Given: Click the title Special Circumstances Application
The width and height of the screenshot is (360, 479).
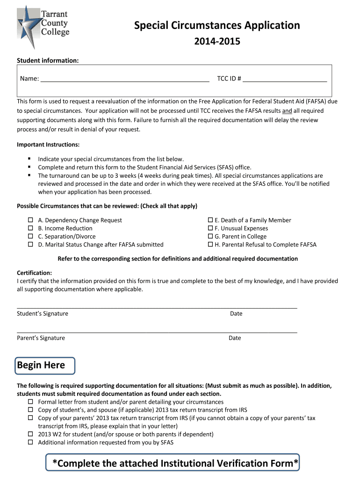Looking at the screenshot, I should point(217,25).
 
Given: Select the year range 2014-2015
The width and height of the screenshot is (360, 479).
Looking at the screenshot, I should point(217,42).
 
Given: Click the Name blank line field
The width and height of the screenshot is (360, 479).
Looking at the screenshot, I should point(125,78).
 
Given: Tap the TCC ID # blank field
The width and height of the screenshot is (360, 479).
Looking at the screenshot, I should point(285,78).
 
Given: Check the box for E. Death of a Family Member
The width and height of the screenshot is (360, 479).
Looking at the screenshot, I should point(210,220).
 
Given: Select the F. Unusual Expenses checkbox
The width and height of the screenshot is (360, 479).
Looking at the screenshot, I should point(210,228).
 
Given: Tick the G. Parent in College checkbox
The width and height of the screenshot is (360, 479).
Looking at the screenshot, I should point(210,237).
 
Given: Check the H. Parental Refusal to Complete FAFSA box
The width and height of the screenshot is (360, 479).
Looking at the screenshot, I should point(210,245).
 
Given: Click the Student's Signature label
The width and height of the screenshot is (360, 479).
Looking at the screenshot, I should point(43,313).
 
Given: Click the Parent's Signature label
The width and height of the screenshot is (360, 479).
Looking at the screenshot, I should point(41,338).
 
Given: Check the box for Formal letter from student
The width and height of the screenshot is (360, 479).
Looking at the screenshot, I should point(30,402).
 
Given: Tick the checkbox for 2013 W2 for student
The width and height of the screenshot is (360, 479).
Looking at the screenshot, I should point(30,434).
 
